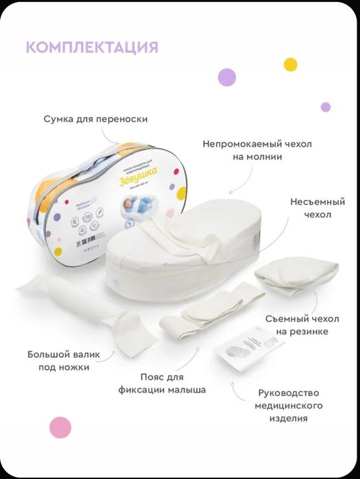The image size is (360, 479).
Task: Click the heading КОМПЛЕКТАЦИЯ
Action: pyautogui.click(x=92, y=47)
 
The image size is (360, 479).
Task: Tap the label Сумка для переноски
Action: pyautogui.click(x=95, y=119)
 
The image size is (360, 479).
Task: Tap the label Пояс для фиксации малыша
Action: pyautogui.click(x=162, y=384)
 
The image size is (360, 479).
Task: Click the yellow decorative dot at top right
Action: pyautogui.click(x=291, y=64)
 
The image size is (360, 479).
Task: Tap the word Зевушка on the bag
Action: pyautogui.click(x=137, y=175)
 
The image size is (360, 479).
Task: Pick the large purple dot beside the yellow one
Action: pyautogui.click(x=227, y=77)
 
